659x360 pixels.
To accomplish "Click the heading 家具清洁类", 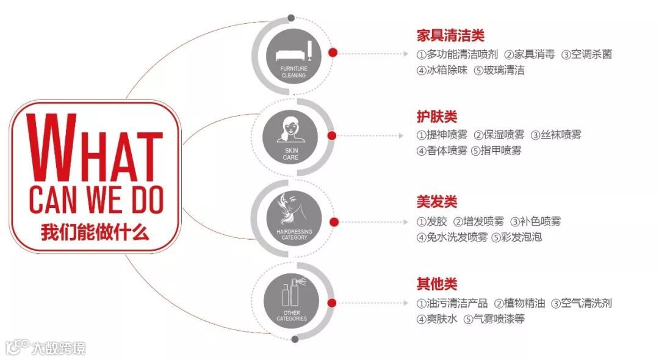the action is [450, 35].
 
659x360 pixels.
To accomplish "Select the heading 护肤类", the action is [437, 117].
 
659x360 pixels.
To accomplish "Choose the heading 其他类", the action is [437, 284].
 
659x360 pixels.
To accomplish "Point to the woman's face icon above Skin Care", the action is [291, 129].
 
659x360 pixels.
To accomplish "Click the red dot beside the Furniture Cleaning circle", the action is [333, 53].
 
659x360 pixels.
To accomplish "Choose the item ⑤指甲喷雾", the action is [496, 151].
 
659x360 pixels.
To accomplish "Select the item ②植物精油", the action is [519, 303].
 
